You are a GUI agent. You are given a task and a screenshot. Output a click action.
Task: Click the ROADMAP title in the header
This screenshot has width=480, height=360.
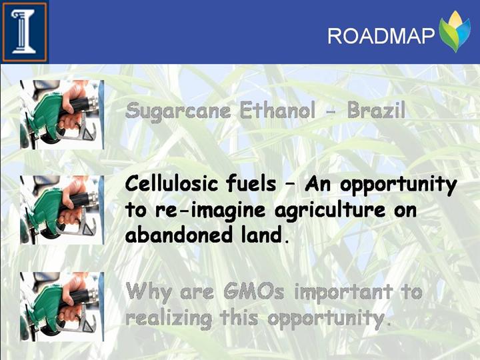[381, 36]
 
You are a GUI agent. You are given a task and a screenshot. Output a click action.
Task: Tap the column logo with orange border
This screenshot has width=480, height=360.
[25, 32]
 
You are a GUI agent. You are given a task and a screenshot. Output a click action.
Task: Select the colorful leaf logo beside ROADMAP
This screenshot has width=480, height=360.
[455, 31]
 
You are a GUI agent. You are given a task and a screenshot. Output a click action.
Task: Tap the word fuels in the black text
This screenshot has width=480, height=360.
[251, 184]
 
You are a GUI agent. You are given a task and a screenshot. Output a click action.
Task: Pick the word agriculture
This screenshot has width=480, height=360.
[330, 211]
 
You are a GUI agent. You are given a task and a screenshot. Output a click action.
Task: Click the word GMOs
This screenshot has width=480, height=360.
[254, 291]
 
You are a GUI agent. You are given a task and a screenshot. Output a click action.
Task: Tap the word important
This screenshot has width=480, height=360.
[343, 293]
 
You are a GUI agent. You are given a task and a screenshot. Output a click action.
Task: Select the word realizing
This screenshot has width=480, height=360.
[169, 319]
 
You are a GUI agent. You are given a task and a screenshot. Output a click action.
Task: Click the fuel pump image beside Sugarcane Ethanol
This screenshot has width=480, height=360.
[62, 115]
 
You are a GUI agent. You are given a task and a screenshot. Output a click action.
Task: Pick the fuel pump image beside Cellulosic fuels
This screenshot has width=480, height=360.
[62, 210]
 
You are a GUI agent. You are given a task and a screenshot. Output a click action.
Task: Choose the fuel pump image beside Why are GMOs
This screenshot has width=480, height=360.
[62, 307]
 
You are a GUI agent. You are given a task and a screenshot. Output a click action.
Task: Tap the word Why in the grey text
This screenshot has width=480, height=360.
[149, 293]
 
